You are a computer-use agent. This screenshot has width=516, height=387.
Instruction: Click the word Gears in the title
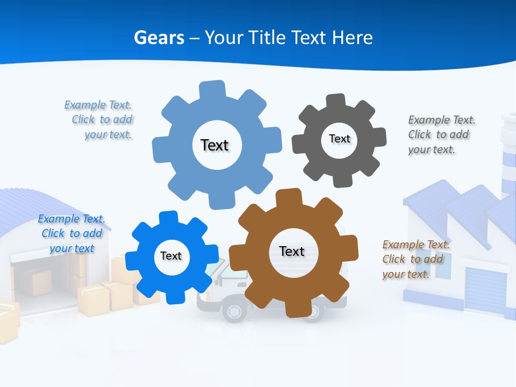(159, 38)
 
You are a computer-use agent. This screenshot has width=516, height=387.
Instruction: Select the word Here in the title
(353, 38)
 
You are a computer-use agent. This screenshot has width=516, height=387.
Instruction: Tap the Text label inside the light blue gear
(214, 145)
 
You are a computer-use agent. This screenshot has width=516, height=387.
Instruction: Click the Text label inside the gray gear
(339, 139)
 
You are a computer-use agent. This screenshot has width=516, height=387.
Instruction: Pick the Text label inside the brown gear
(292, 251)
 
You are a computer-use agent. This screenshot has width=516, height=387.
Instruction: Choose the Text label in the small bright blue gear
(171, 256)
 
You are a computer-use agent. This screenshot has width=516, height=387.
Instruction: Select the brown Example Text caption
(415, 260)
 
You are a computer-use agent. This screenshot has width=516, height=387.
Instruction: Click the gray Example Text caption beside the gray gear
(441, 134)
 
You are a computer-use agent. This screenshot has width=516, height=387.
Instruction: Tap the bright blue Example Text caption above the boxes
(71, 233)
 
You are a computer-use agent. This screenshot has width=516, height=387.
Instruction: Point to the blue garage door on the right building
(485, 290)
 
